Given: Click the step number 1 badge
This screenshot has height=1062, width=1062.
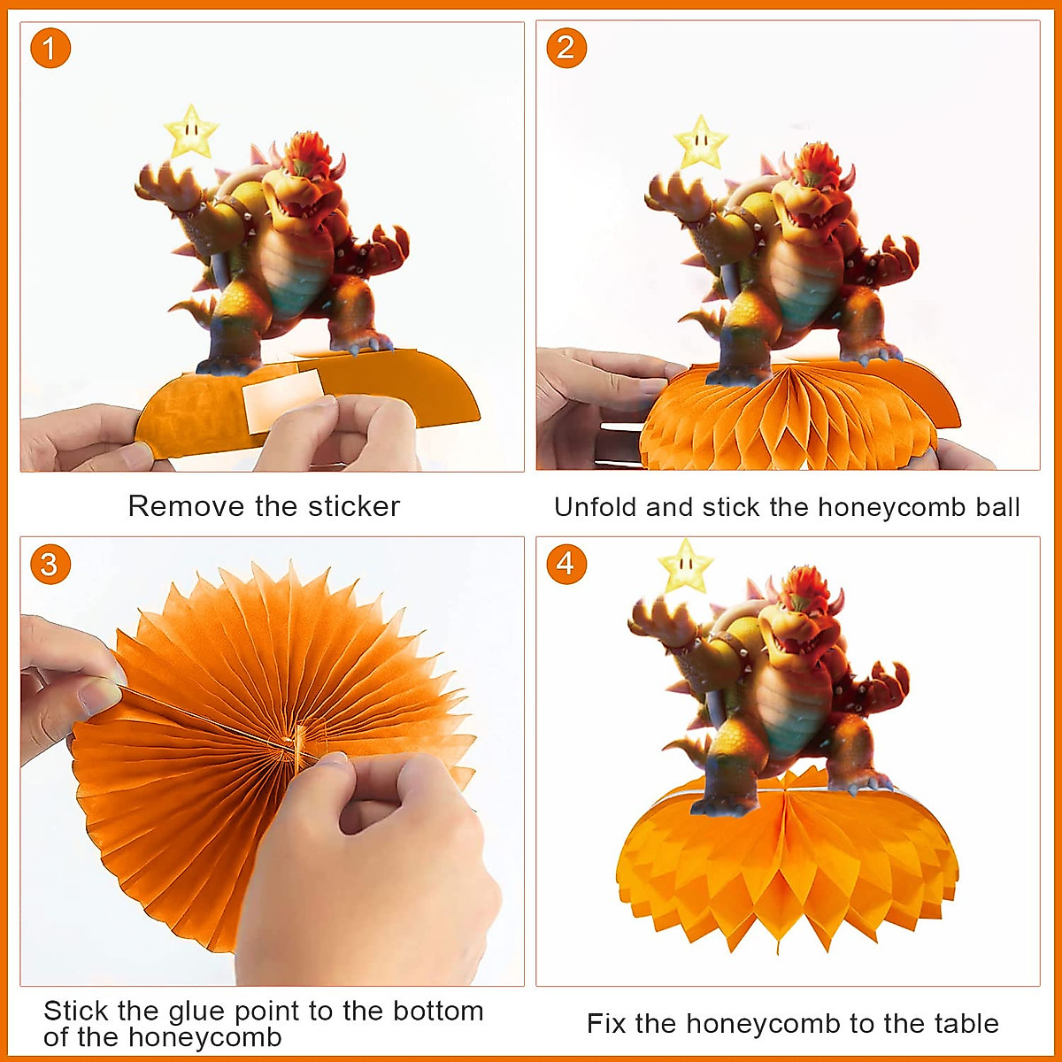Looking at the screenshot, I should [x=50, y=50].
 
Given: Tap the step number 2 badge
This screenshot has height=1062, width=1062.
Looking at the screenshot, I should [x=566, y=48].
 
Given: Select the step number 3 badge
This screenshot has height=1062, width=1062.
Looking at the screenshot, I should [x=50, y=565].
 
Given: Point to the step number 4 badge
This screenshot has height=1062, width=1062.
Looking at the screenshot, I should [x=566, y=564].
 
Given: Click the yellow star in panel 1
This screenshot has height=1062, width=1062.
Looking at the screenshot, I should [x=191, y=133].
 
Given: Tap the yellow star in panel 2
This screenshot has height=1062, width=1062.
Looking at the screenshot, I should [x=701, y=142].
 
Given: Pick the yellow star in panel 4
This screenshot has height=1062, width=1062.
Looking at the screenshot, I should [x=685, y=566].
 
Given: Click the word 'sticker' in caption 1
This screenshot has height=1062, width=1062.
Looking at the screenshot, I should [x=354, y=506].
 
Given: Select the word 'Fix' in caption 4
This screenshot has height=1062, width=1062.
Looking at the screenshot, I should [x=606, y=1024].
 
